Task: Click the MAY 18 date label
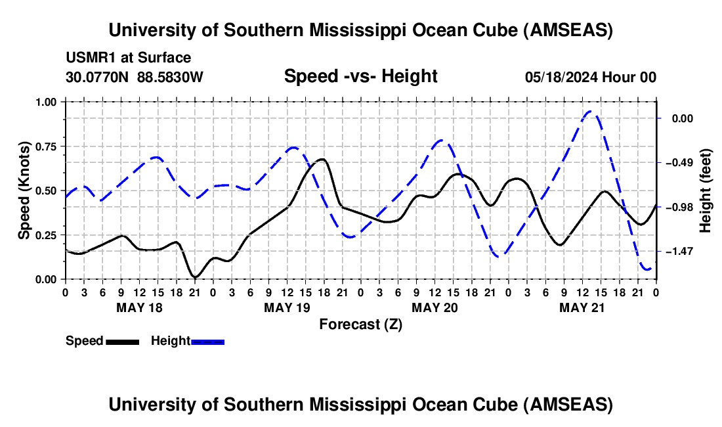click(139, 307)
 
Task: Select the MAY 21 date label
click(582, 307)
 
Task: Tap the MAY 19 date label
click(287, 307)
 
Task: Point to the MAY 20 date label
click(435, 307)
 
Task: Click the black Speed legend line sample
click(122, 341)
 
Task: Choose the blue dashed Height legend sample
click(207, 341)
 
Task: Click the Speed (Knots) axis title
click(24, 191)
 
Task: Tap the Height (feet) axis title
click(706, 191)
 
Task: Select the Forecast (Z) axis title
click(360, 324)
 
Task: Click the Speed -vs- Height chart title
click(360, 76)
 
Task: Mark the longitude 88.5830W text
click(171, 77)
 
